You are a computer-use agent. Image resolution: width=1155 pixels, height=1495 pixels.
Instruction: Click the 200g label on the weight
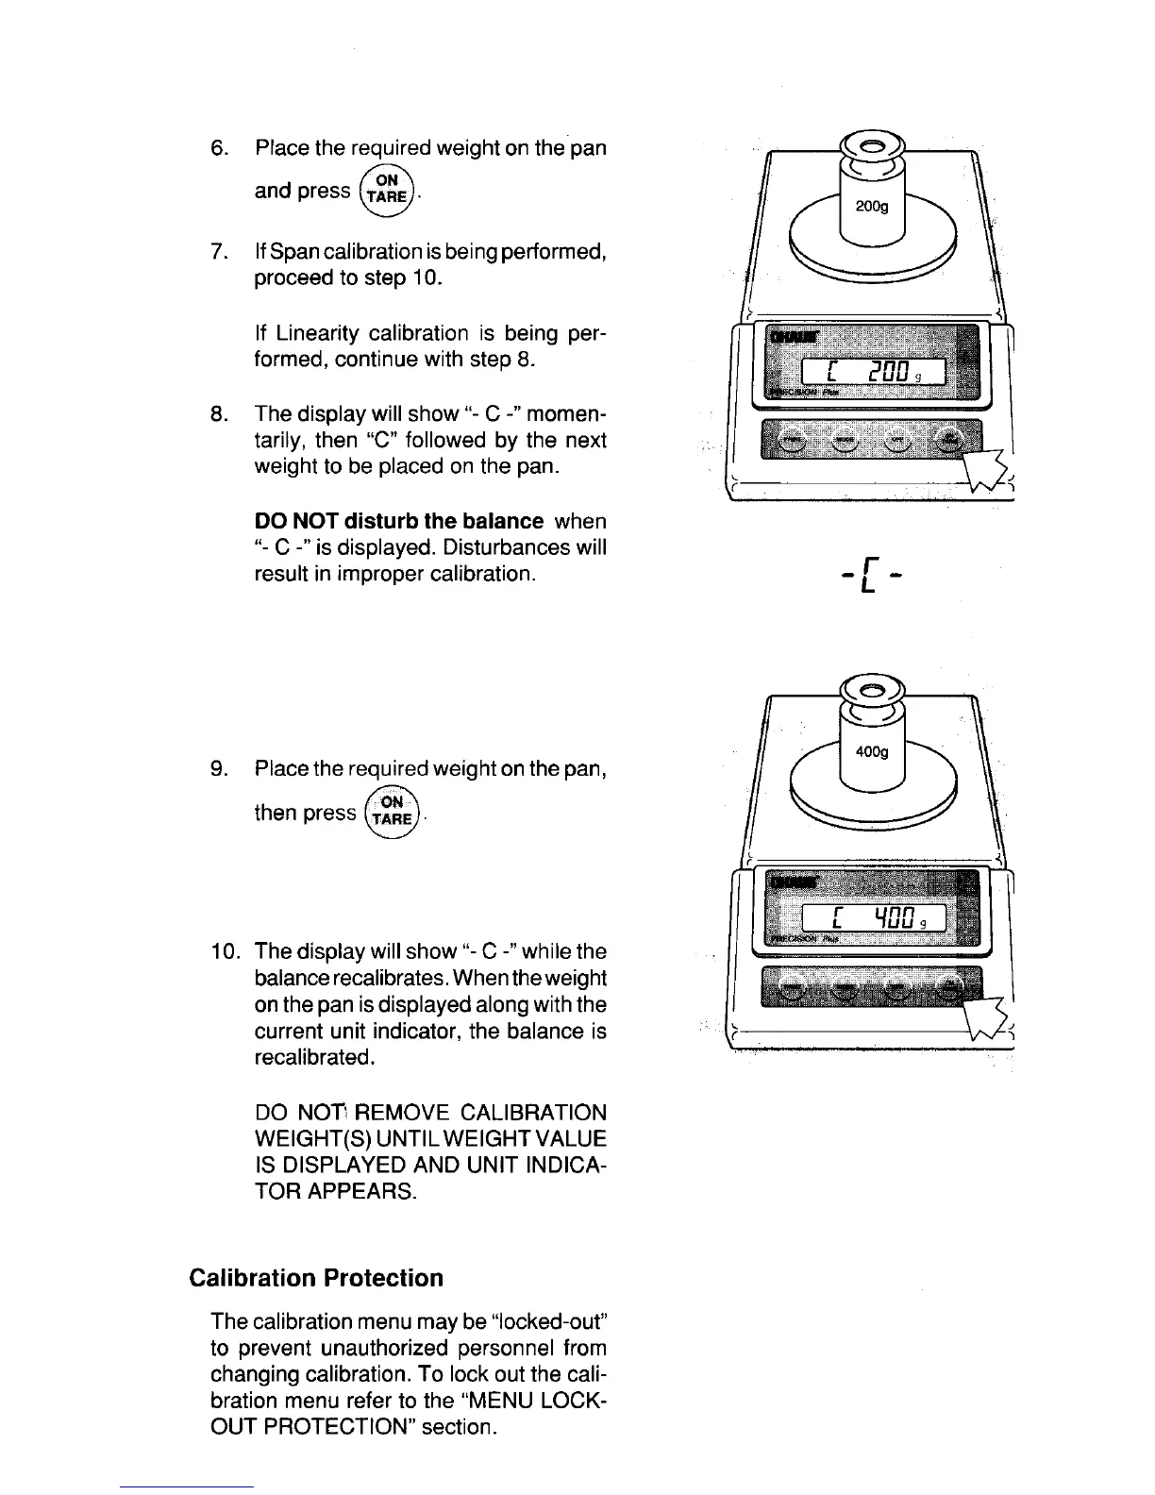coord(872,208)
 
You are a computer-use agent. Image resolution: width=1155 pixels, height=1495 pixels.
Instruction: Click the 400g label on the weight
coord(872,752)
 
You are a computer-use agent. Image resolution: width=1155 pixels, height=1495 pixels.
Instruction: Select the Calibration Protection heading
coord(316,1278)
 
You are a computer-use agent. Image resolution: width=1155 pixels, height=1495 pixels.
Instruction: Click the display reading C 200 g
coord(867,374)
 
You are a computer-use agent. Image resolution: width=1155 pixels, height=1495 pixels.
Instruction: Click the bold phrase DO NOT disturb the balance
coord(398,522)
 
